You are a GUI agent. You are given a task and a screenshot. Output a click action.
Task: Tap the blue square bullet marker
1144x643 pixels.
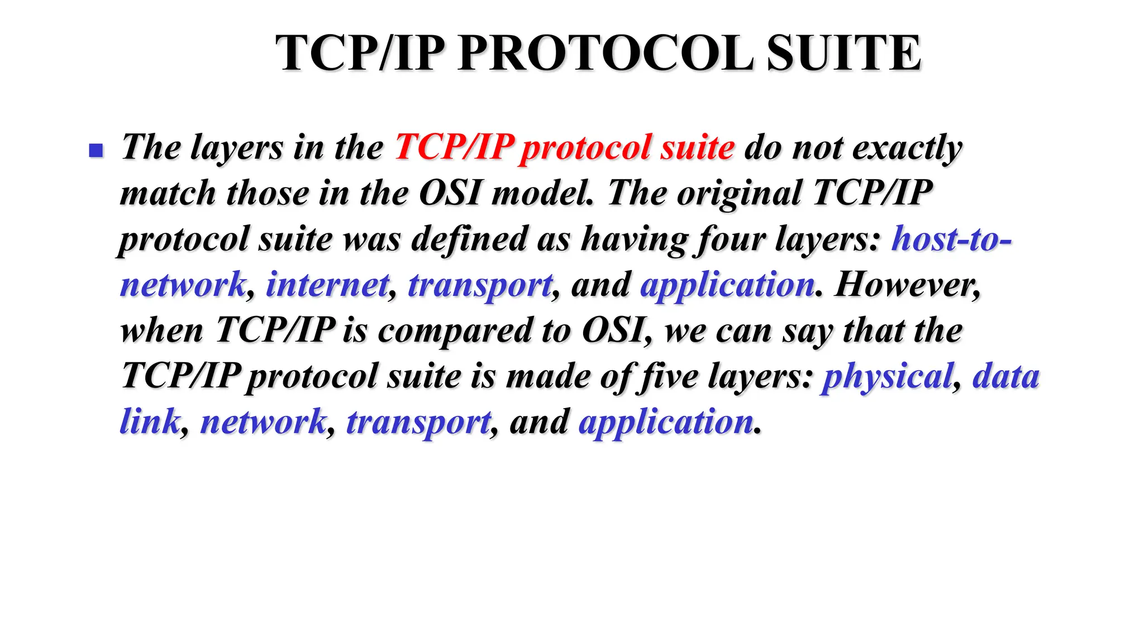[96, 150]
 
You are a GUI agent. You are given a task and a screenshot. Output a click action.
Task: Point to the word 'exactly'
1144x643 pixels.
[907, 148]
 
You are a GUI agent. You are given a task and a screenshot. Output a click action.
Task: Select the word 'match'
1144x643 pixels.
[168, 193]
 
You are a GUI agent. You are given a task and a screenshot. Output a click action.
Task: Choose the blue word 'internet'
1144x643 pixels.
[327, 285]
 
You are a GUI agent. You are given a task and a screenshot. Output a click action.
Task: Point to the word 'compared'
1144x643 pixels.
[455, 331]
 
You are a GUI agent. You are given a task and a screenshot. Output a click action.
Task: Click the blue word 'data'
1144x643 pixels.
[1005, 376]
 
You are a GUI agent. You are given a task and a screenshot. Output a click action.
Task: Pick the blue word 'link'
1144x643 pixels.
[150, 422]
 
